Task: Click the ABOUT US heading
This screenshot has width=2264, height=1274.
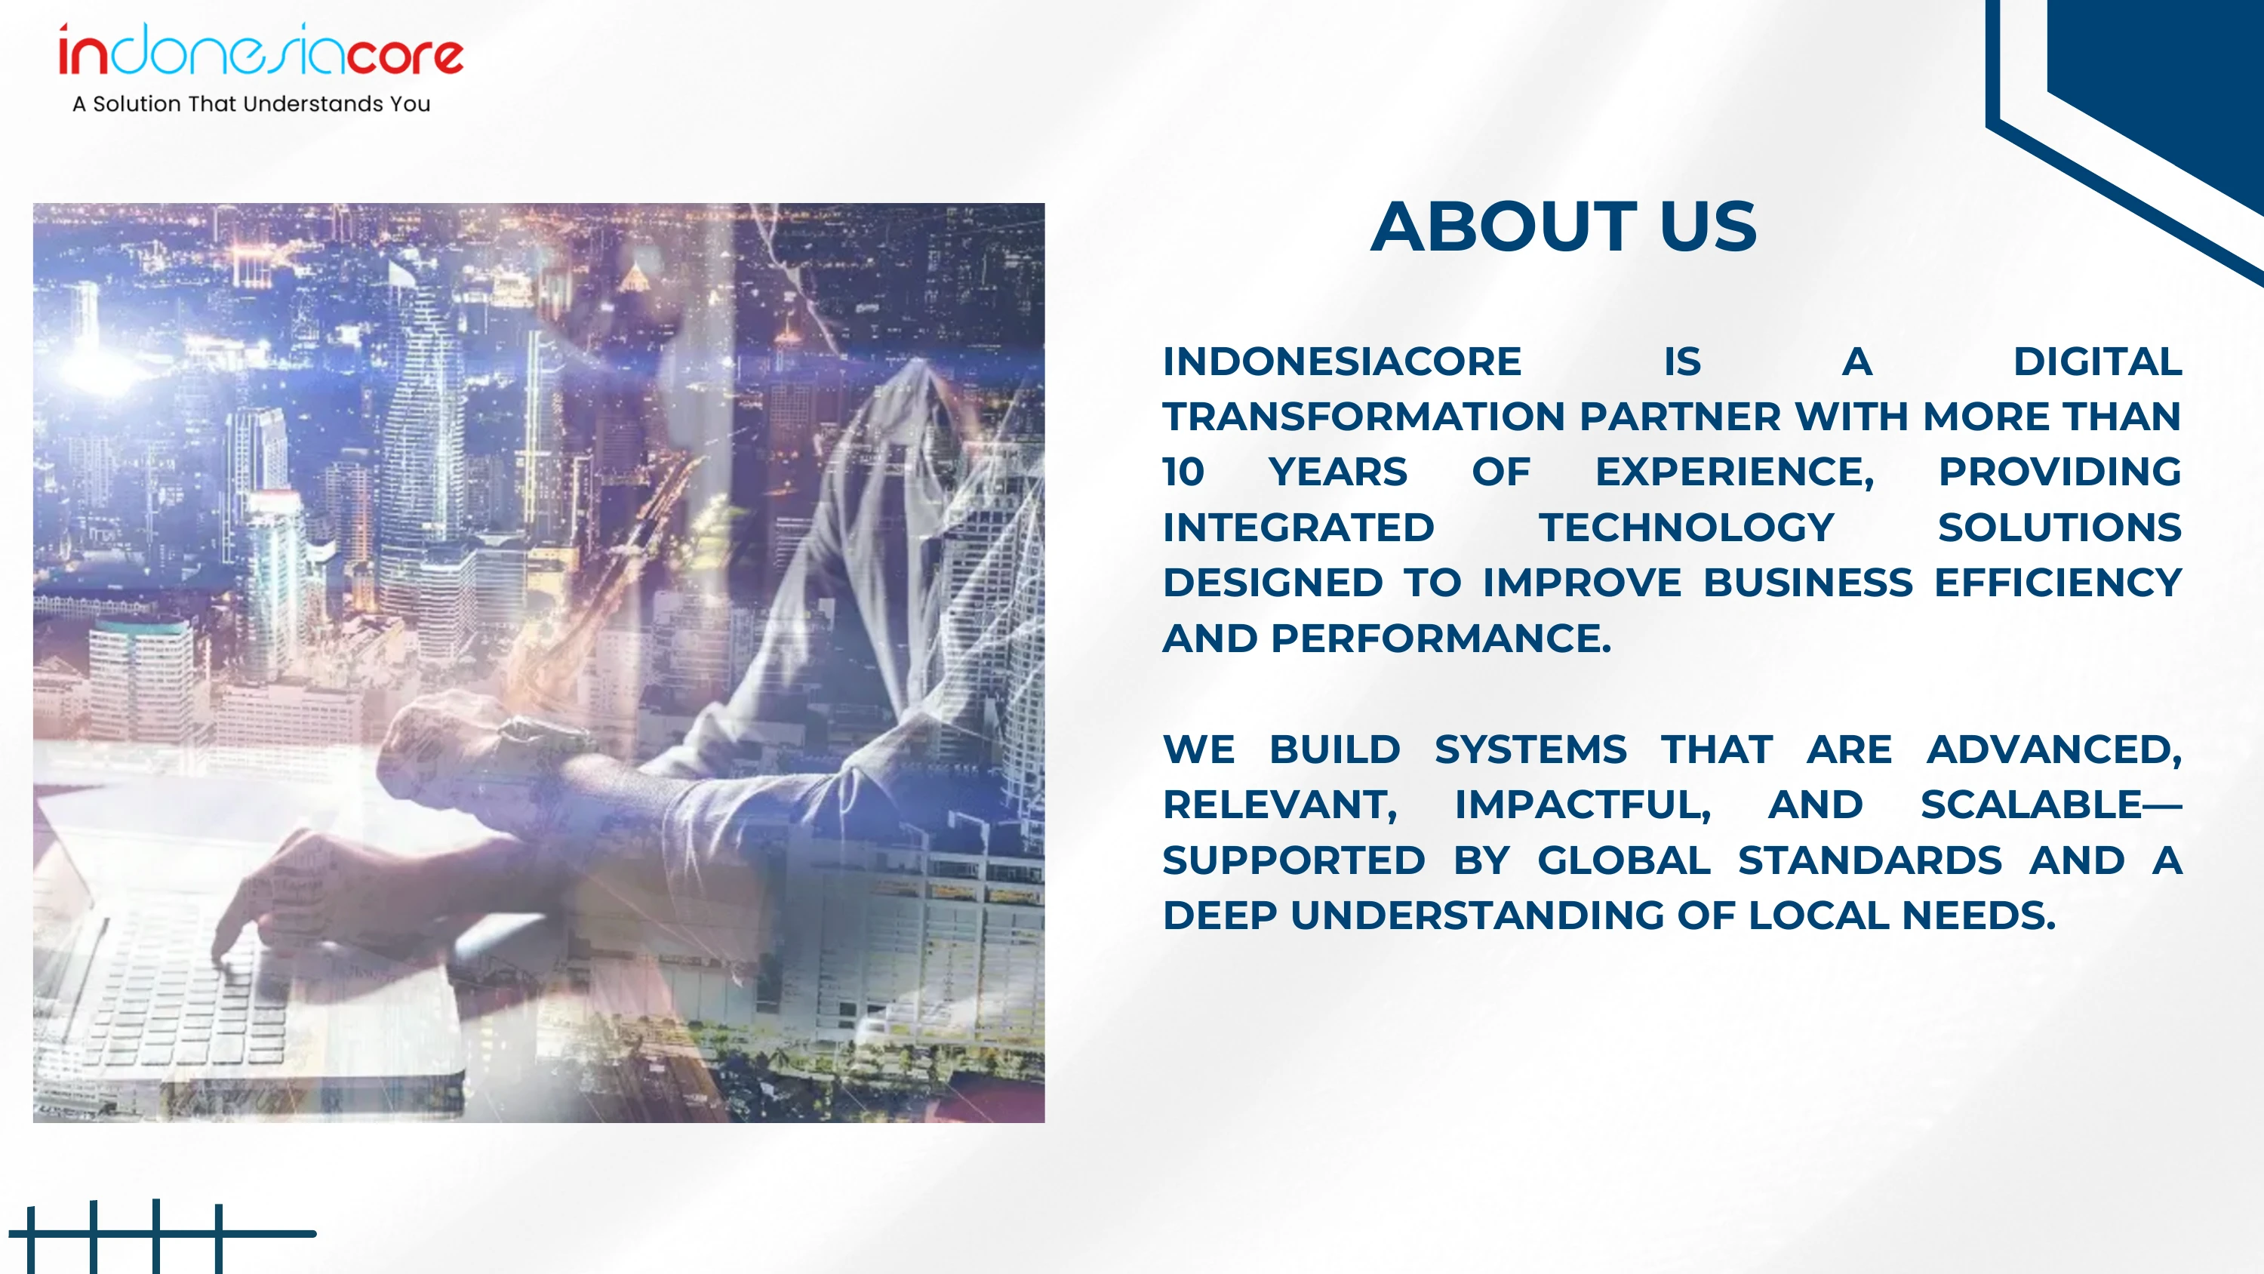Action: (1564, 227)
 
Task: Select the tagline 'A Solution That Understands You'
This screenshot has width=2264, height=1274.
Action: (251, 103)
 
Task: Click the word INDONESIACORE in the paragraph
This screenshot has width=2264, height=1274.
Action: (1341, 362)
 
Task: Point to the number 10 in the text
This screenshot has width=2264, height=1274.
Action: (1183, 472)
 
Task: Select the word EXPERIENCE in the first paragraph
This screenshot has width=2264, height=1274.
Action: (1729, 472)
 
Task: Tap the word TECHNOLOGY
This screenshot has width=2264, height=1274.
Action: (1686, 528)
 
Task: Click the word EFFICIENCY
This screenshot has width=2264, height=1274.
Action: (2057, 583)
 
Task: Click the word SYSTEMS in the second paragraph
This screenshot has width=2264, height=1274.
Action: (1530, 750)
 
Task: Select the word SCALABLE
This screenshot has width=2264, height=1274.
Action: (2031, 805)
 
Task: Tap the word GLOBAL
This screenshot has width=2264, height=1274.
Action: (1623, 860)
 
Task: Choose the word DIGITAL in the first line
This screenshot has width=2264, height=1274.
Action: (2097, 362)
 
